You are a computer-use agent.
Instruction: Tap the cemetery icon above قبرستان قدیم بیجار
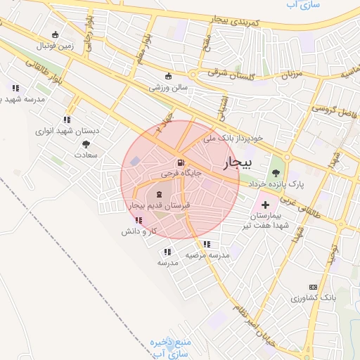[x=158, y=193]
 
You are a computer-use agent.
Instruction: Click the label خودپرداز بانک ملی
[x=233, y=139]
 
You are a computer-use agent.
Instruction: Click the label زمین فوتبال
[x=56, y=46]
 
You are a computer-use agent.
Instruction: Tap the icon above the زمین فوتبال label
[x=56, y=34]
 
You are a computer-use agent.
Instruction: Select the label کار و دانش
[x=139, y=231]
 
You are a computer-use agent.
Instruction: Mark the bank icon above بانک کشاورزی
[x=313, y=287]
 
